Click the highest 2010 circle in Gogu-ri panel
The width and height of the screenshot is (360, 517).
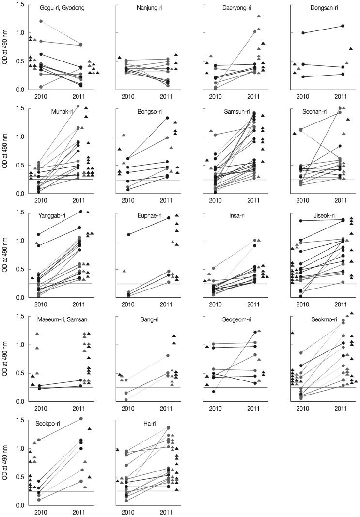[x=41, y=21]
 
